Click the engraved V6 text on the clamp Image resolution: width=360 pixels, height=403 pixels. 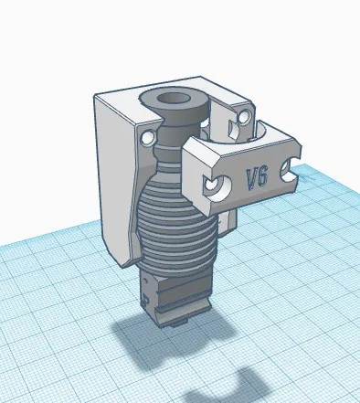tap(256, 177)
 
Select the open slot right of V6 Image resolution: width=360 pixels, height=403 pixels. tap(291, 168)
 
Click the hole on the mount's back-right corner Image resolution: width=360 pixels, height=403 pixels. tap(245, 116)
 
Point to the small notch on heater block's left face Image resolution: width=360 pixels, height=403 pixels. tap(145, 297)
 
